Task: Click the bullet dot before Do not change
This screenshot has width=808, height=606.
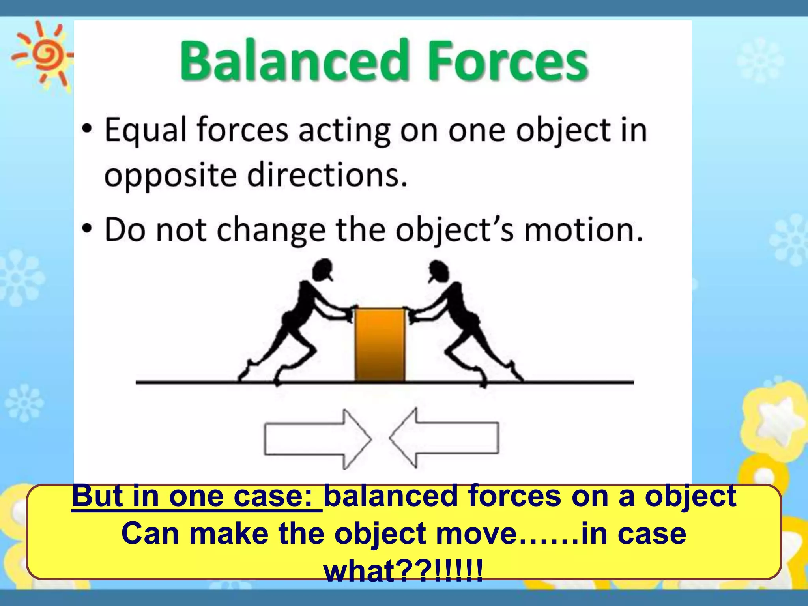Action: click(x=87, y=229)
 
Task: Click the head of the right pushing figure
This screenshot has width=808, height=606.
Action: click(x=438, y=271)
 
